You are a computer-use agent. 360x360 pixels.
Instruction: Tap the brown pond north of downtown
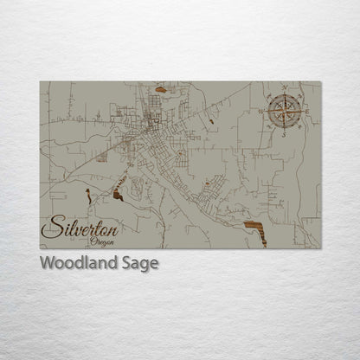[161, 88]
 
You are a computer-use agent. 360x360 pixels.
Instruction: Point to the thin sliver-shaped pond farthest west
[87, 196]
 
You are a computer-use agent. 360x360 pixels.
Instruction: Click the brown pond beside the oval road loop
[117, 196]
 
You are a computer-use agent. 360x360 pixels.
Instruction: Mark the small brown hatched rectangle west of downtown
[102, 158]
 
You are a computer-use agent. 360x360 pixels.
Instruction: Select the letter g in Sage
[145, 266]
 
